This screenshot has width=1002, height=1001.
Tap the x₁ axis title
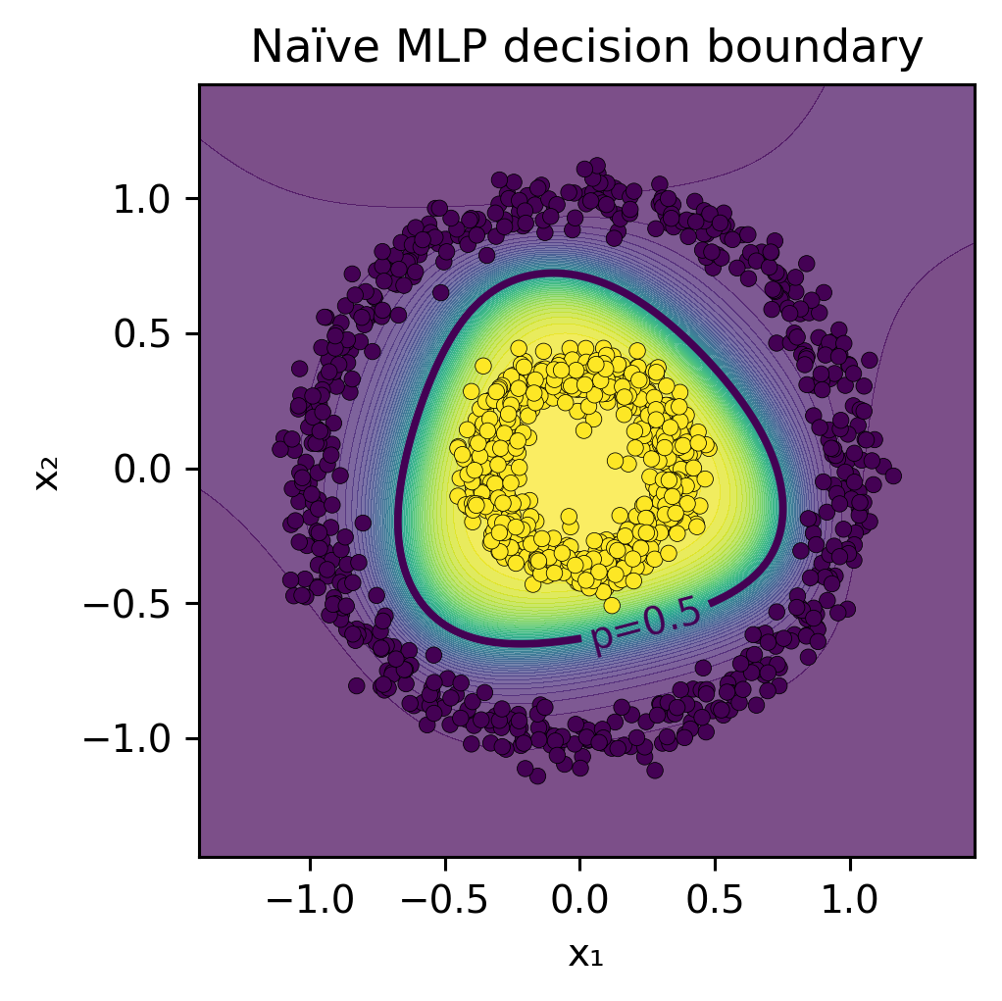coord(585,954)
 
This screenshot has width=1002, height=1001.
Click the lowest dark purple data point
coord(537,776)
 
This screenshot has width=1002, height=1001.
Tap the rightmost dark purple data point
coord(892,475)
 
